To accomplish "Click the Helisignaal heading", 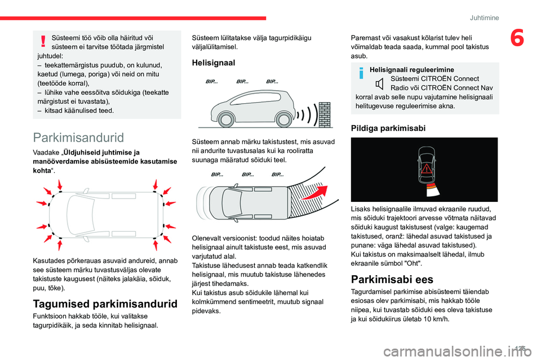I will (x=214, y=63).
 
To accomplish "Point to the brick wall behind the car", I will (x=325, y=115).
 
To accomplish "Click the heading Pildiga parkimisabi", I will (x=388, y=127).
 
